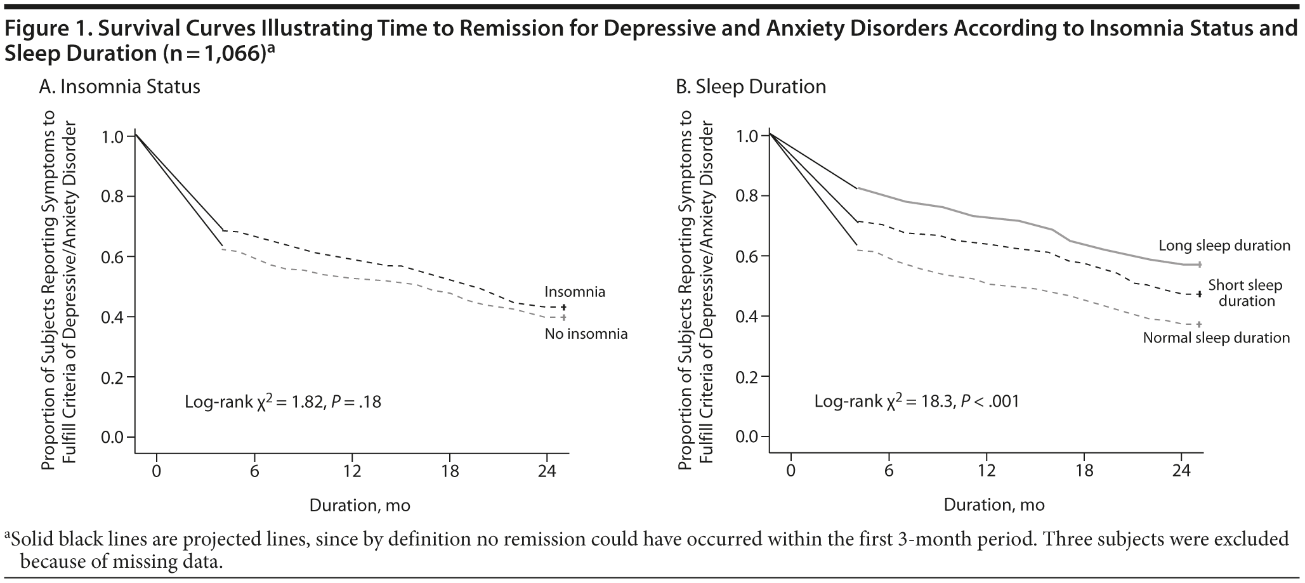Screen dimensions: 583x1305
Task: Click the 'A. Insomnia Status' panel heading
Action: [119, 87]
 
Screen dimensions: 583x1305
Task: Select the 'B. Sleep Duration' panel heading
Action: [751, 87]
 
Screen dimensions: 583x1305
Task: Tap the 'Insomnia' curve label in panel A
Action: [574, 292]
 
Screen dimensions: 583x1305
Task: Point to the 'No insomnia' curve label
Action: [586, 334]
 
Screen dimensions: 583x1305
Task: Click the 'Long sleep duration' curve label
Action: [1224, 246]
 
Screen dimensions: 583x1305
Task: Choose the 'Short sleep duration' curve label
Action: [1245, 293]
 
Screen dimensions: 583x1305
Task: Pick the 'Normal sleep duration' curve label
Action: [1216, 338]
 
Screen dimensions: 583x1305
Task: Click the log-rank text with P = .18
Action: [282, 402]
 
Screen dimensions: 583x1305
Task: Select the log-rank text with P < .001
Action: [916, 402]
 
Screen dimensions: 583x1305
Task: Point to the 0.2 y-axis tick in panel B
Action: [747, 377]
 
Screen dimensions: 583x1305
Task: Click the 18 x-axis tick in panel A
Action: [449, 471]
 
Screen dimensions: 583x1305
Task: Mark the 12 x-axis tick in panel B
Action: [985, 471]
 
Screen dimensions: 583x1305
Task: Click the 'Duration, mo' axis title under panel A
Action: [360, 506]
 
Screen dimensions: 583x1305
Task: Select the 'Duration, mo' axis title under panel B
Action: [994, 506]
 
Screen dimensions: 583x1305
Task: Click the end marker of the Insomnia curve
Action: [563, 307]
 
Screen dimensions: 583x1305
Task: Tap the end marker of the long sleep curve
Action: [1199, 265]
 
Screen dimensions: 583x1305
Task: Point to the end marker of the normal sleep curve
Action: [1199, 324]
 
